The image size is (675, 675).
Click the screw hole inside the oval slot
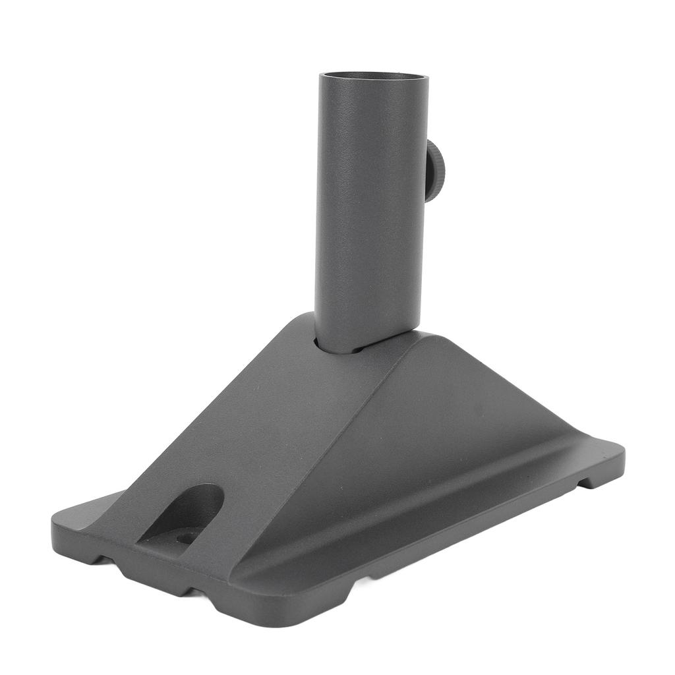coord(187,537)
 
